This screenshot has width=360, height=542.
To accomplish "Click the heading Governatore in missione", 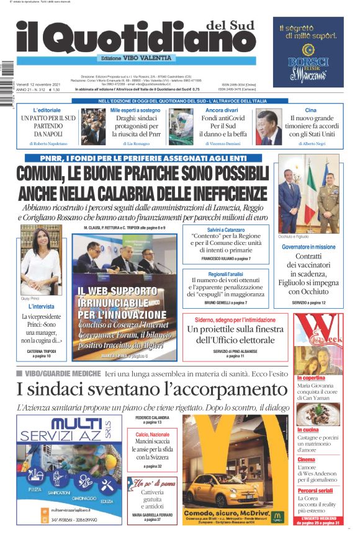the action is coord(308,246).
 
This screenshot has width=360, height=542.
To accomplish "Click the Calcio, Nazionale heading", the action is coord(153,435).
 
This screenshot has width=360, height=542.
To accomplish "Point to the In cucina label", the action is coord(308,429).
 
